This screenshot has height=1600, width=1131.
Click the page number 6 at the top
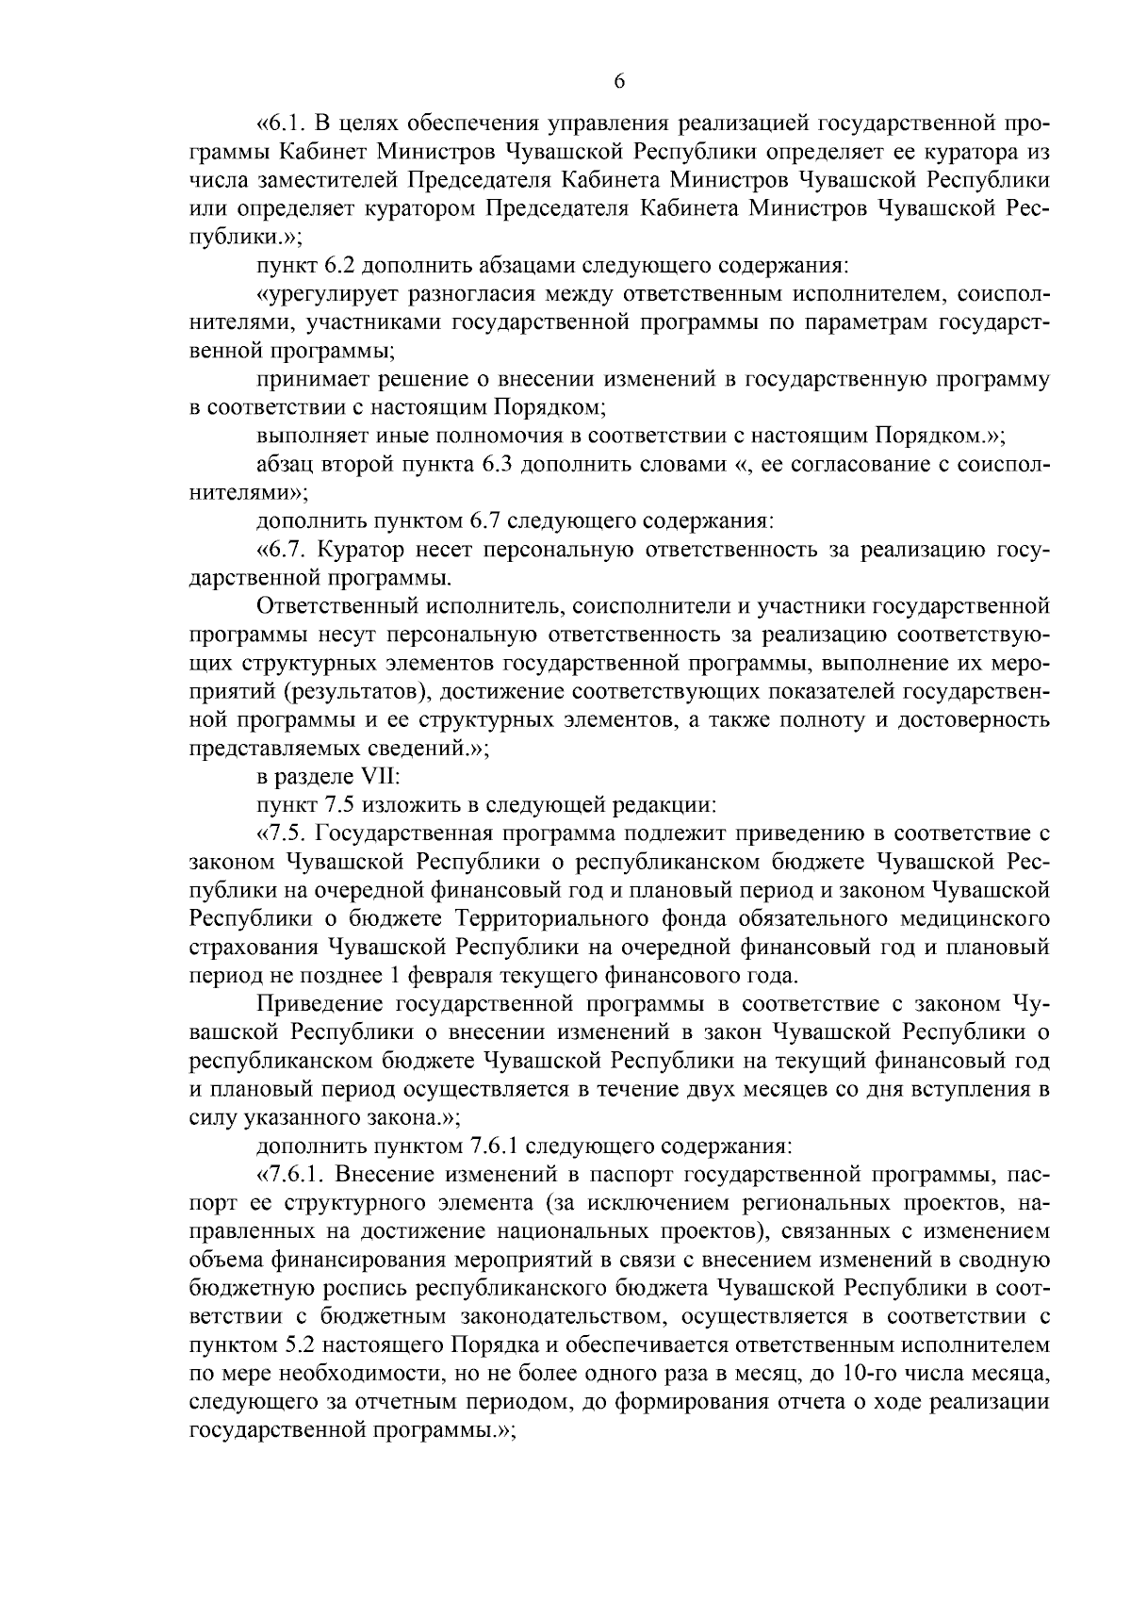[x=619, y=82]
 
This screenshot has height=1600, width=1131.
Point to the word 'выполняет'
[x=310, y=436]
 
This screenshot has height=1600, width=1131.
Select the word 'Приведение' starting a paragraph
[x=319, y=1002]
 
